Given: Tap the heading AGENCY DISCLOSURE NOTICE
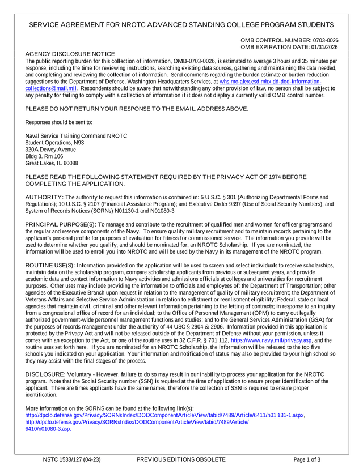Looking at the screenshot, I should (70, 53).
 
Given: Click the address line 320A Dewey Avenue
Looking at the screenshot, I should (50, 150).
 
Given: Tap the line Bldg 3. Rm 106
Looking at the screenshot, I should (44, 156).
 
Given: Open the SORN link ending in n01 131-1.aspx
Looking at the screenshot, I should (165, 415).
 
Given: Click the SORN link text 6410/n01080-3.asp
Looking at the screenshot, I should (48, 429).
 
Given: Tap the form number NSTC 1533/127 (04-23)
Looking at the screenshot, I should (71, 459).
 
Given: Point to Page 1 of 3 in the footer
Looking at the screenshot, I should (307, 459).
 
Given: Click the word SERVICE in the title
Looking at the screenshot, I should (48, 25).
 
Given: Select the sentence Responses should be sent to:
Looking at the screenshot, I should (59, 122).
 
